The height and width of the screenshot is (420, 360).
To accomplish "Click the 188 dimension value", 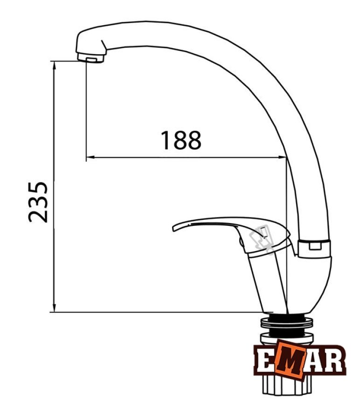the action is (x=180, y=140).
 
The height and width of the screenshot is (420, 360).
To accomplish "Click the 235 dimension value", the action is (x=38, y=202).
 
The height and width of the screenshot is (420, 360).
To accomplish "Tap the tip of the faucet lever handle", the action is (x=174, y=228).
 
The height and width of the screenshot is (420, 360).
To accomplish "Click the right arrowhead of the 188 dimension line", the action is (x=283, y=157).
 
